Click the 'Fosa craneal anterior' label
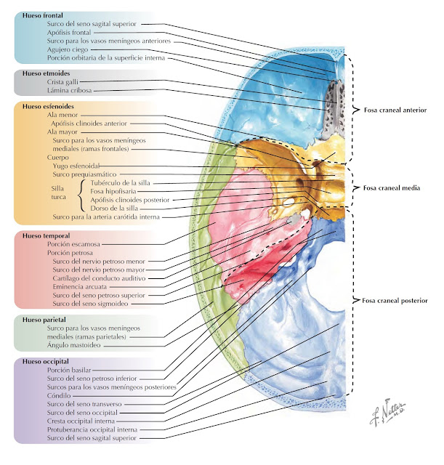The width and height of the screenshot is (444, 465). (394, 110)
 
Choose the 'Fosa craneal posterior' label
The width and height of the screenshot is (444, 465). (395, 299)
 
